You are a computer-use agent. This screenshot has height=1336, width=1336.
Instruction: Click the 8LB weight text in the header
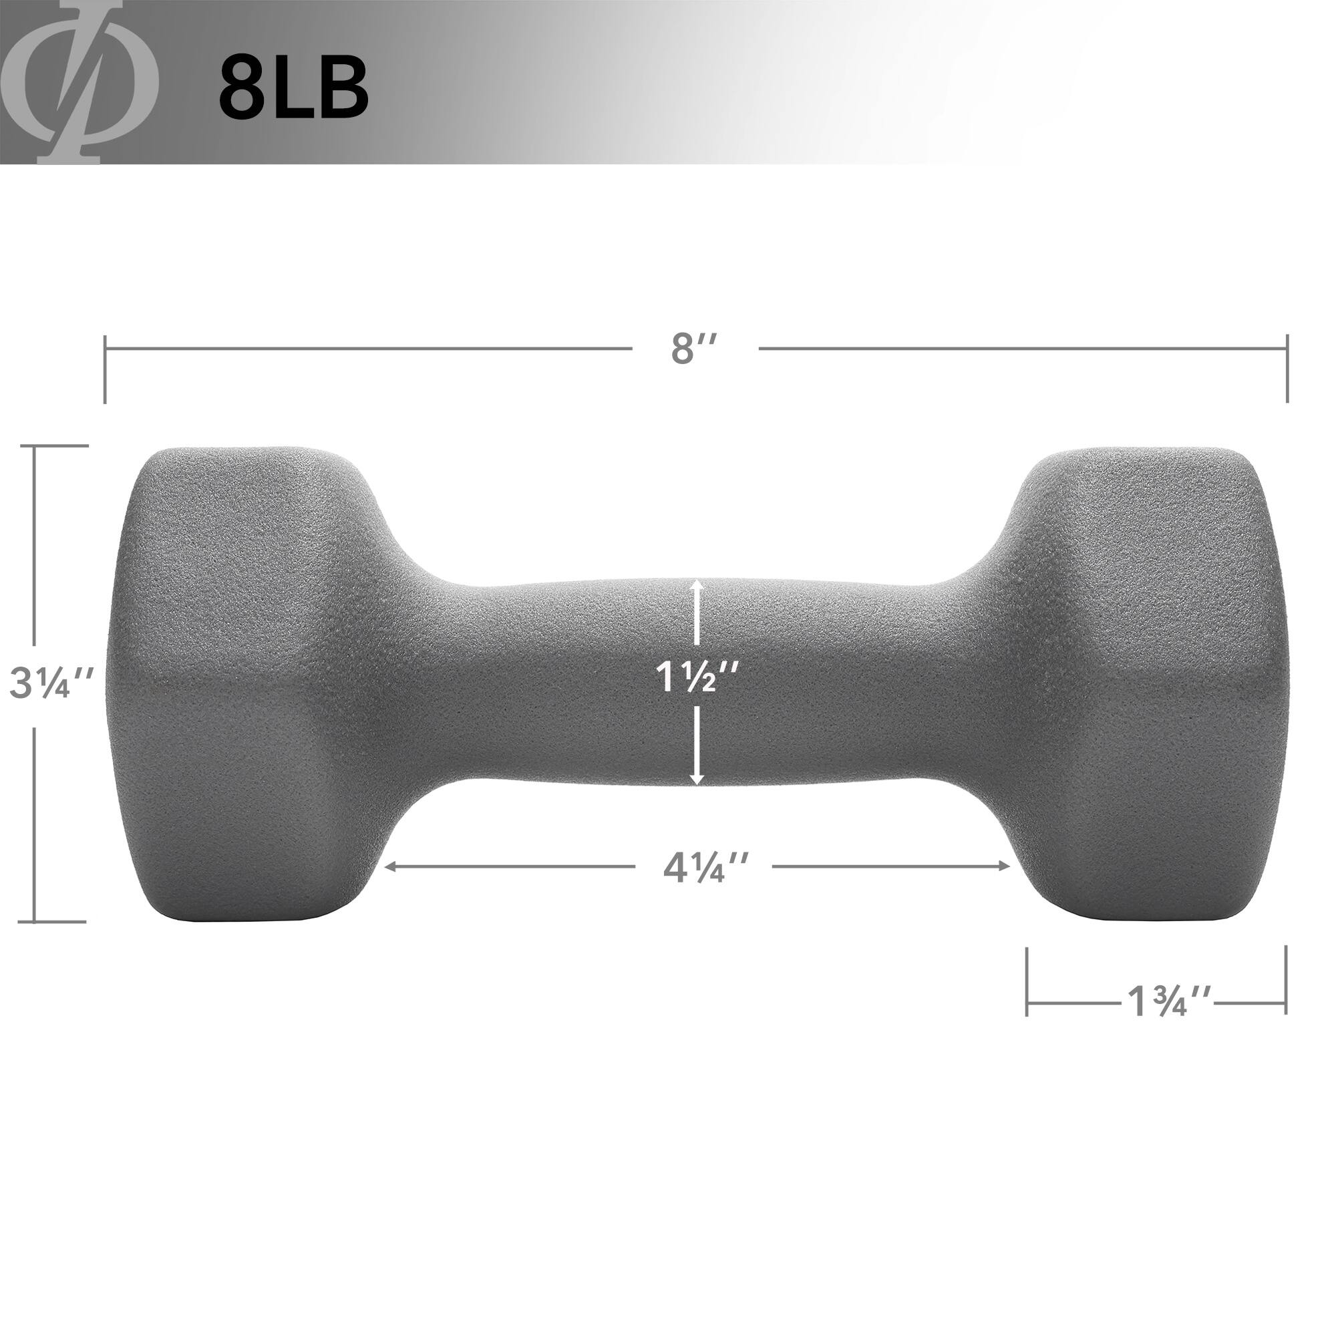(293, 88)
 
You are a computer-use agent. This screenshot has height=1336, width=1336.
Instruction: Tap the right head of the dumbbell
(1148, 685)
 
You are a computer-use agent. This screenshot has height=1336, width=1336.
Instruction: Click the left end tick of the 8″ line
(105, 369)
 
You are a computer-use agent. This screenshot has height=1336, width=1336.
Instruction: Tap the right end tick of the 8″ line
(1287, 369)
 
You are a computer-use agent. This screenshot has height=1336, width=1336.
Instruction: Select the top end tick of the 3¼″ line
(61, 446)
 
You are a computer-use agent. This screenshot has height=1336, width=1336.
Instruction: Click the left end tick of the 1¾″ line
(1027, 981)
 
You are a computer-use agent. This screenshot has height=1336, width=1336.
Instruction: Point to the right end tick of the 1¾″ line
(1285, 981)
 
